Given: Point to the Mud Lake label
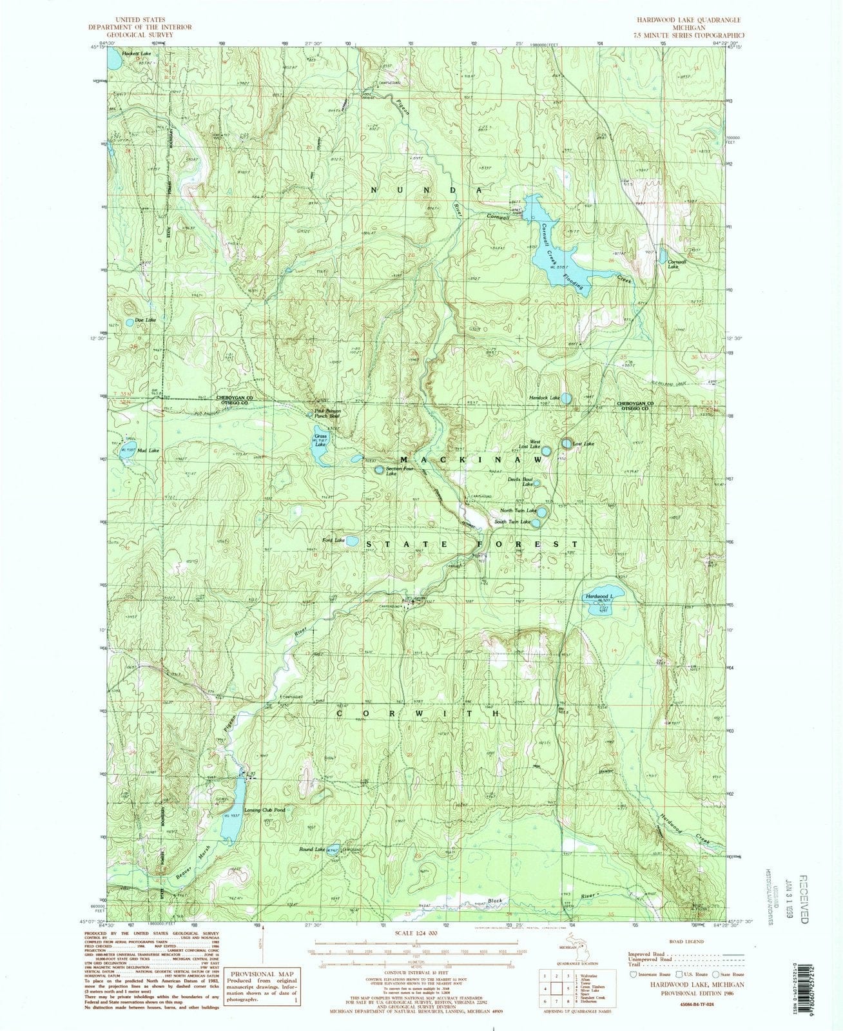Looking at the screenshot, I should click(x=148, y=450).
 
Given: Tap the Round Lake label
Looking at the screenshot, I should click(x=311, y=850).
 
